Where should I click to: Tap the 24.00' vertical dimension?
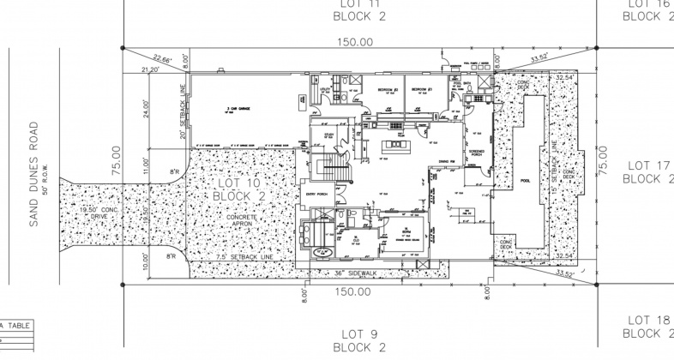coord(147,111)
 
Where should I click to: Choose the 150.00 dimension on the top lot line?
coord(354,41)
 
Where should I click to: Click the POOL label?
coord(525,182)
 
